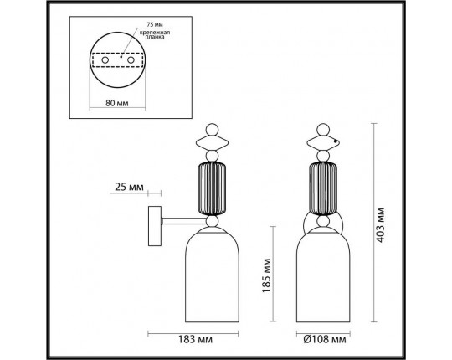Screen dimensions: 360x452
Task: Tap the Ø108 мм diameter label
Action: click(321, 342)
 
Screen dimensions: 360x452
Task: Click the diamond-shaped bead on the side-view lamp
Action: click(213, 143)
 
